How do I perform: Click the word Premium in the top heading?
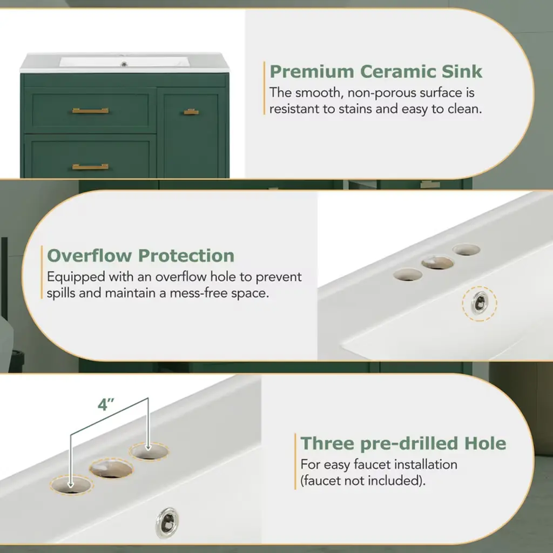tap(312, 72)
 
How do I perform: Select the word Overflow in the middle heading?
tap(89, 255)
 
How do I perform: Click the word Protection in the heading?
tap(186, 255)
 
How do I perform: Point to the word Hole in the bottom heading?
tap(485, 443)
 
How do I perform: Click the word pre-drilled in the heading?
tap(409, 444)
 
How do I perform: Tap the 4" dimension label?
tap(106, 405)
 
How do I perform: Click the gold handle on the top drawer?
tap(90, 111)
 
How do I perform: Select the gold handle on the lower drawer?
tap(90, 166)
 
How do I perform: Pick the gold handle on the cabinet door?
tap(191, 112)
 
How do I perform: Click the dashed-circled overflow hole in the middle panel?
tap(480, 304)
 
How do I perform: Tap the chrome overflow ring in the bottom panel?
tap(167, 523)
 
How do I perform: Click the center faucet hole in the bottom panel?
tap(111, 469)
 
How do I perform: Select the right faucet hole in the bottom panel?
tap(149, 451)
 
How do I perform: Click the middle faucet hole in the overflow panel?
tap(437, 263)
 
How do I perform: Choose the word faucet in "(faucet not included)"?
tap(322, 481)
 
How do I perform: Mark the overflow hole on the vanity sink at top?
tap(124, 64)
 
